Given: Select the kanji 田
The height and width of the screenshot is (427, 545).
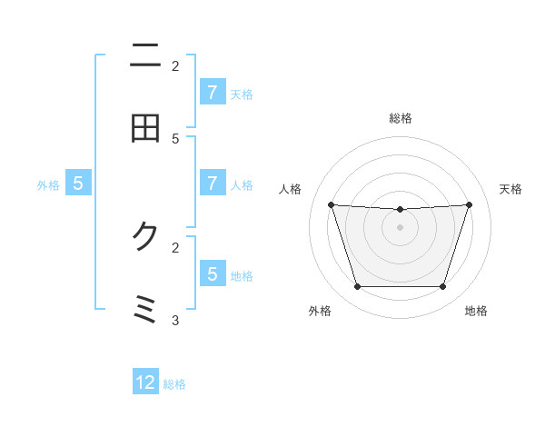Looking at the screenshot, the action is coord(145,128).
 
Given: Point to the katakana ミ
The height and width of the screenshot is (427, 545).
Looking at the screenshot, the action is coord(145,309).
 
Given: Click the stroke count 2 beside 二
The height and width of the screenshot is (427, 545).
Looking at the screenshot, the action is coord(175,65).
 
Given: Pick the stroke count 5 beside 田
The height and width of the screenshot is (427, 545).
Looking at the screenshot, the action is coord(175,138).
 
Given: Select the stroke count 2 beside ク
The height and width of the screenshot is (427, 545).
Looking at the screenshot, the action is coord(175,246).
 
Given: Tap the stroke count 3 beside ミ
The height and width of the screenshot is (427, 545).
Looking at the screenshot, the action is coord(175,319).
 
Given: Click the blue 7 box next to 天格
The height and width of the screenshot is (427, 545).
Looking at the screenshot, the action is coord(212,92).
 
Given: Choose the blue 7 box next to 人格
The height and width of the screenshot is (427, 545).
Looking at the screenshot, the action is coord(212,183).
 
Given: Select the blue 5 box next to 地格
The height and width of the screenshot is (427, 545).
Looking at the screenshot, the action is coord(212,273).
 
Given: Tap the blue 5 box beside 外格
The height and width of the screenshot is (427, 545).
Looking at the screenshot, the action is coord(78,183).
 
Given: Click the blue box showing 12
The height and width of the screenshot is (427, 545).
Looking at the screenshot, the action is coord(145,382).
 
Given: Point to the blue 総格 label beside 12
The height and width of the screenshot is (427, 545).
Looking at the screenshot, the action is coord(174,384).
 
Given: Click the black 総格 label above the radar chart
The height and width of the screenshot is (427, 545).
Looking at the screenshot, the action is coord(401,118).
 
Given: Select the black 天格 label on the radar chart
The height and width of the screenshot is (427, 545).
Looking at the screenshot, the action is coord(511,189).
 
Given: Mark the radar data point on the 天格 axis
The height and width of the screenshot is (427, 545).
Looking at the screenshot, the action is coord(469,204).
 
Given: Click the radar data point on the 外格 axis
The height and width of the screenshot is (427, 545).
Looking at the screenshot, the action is coord(357,287).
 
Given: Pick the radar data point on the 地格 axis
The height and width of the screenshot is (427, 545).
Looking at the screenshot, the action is coord(443,287).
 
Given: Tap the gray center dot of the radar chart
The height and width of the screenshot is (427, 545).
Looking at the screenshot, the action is coord(401,227).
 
